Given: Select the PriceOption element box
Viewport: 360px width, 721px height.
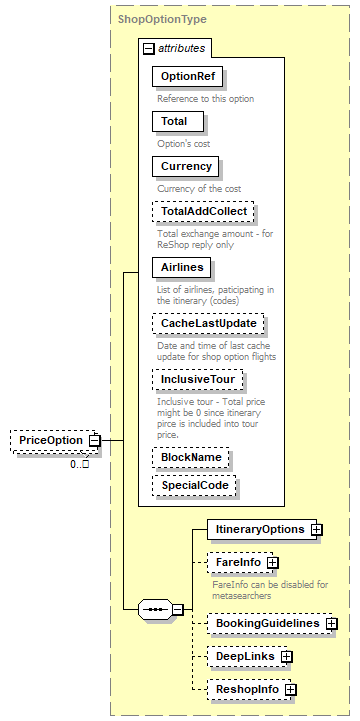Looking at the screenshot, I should pos(49,441).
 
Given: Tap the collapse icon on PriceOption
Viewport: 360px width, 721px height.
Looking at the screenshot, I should pos(93,441).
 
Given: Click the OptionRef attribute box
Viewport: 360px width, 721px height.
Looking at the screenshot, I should pos(187,77).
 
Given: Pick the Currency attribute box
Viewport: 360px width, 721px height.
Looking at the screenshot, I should pos(186,166).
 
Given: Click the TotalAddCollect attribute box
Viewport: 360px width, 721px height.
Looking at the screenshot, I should pos(203,211).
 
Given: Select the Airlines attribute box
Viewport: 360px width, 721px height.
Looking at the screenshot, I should pos(182,267).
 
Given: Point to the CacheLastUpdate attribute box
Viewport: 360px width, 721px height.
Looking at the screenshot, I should pos(208,324).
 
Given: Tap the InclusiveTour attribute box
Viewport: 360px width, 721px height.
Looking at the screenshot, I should pos(198,380).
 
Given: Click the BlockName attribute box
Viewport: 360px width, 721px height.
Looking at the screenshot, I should pos(190,457).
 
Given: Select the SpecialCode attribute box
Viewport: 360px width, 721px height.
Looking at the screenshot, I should pos(195,485).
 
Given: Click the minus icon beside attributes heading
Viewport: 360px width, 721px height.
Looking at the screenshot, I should pos(148,48).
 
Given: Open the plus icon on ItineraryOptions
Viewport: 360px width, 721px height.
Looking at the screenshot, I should pos(317,529).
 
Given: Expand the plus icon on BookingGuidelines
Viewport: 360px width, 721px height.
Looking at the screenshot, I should pos(331,623).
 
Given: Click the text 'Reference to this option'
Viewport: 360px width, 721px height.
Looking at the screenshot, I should pos(205,98).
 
